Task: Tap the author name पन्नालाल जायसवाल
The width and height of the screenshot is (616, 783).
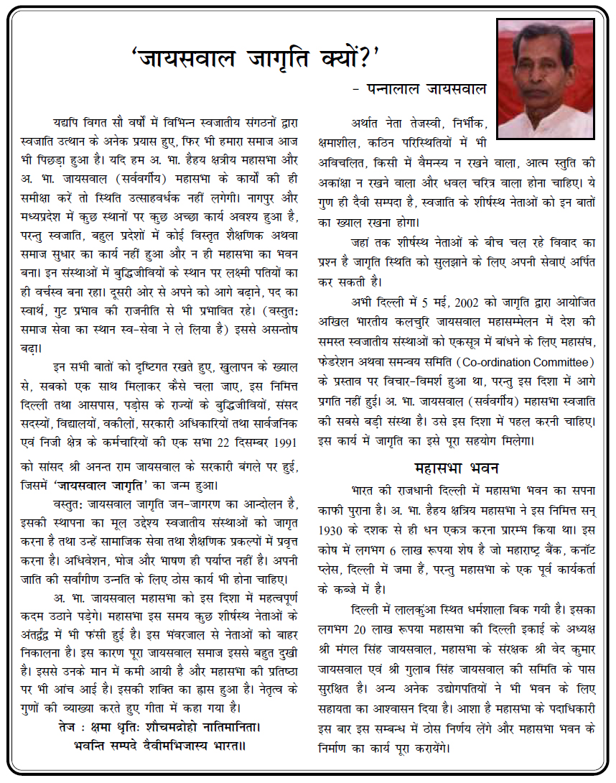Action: point(420,89)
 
